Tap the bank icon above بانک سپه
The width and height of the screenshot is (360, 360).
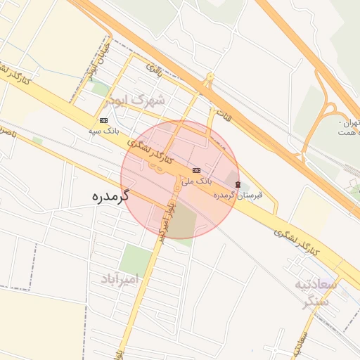click(x=104, y=120)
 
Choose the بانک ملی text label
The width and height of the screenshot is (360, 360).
click(x=197, y=181)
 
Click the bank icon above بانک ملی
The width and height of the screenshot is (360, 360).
click(x=196, y=170)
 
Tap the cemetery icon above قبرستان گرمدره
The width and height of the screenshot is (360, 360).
click(x=238, y=184)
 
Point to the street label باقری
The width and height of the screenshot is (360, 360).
click(x=153, y=69)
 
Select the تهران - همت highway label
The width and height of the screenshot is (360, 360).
click(x=349, y=127)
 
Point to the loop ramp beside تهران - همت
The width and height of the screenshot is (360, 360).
click(x=328, y=112)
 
